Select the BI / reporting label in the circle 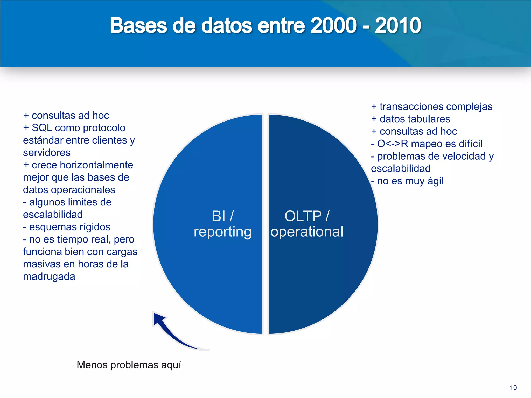point(222,224)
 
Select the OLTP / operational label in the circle point(307,224)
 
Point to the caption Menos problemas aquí point(129,365)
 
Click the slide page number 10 point(513,388)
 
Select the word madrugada point(49,276)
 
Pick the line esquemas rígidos point(67,227)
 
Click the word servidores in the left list point(47,153)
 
